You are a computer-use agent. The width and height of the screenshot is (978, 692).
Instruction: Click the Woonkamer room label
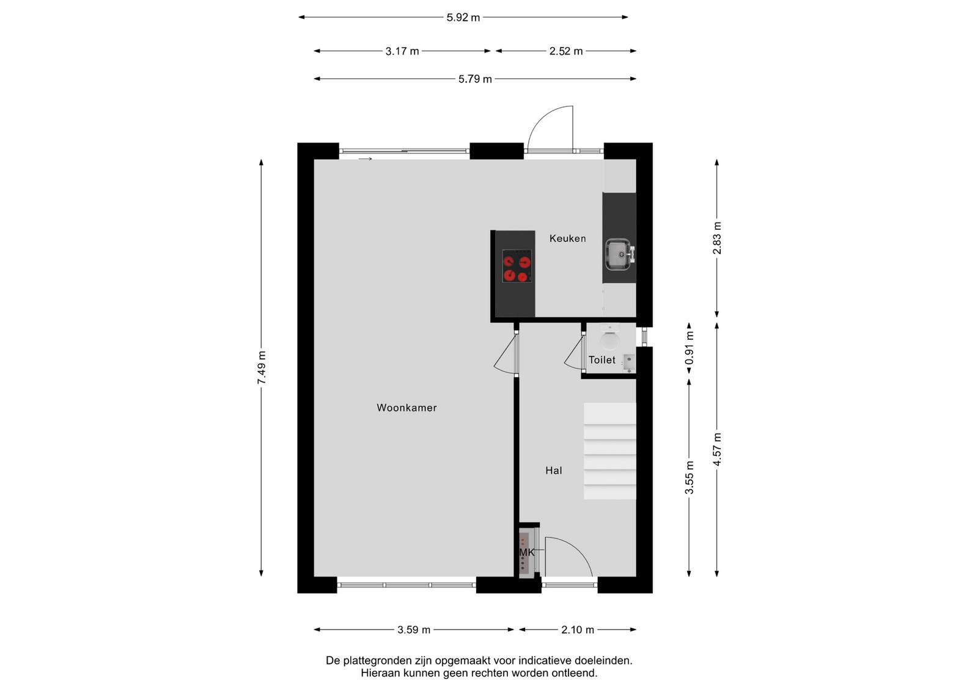(x=406, y=408)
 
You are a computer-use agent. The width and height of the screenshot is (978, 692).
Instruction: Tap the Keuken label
(x=567, y=238)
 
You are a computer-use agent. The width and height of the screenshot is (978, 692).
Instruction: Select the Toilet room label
(x=601, y=359)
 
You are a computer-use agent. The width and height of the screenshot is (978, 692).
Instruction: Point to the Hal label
(x=554, y=470)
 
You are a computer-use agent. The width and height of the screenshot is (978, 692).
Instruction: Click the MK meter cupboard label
(x=526, y=552)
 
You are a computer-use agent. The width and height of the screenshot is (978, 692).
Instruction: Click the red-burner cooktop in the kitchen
(x=517, y=266)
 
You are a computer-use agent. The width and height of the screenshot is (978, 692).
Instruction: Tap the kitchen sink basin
(x=617, y=254)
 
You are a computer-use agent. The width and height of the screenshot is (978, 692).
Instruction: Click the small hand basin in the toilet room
(x=629, y=363)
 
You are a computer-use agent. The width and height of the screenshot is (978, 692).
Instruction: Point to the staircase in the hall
(x=609, y=451)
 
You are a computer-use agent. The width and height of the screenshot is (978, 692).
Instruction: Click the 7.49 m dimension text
(x=262, y=367)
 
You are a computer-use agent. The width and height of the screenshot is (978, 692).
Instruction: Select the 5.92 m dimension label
(x=463, y=18)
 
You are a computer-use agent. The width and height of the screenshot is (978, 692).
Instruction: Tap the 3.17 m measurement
(x=402, y=51)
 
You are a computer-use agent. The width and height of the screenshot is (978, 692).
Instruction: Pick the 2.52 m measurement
(x=566, y=51)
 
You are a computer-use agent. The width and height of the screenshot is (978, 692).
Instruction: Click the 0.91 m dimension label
(x=689, y=347)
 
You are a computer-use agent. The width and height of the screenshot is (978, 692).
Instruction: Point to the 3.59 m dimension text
(x=414, y=630)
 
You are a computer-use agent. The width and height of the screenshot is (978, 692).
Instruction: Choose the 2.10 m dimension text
(x=578, y=630)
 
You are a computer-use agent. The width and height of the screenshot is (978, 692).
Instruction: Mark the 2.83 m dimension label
(x=717, y=238)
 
